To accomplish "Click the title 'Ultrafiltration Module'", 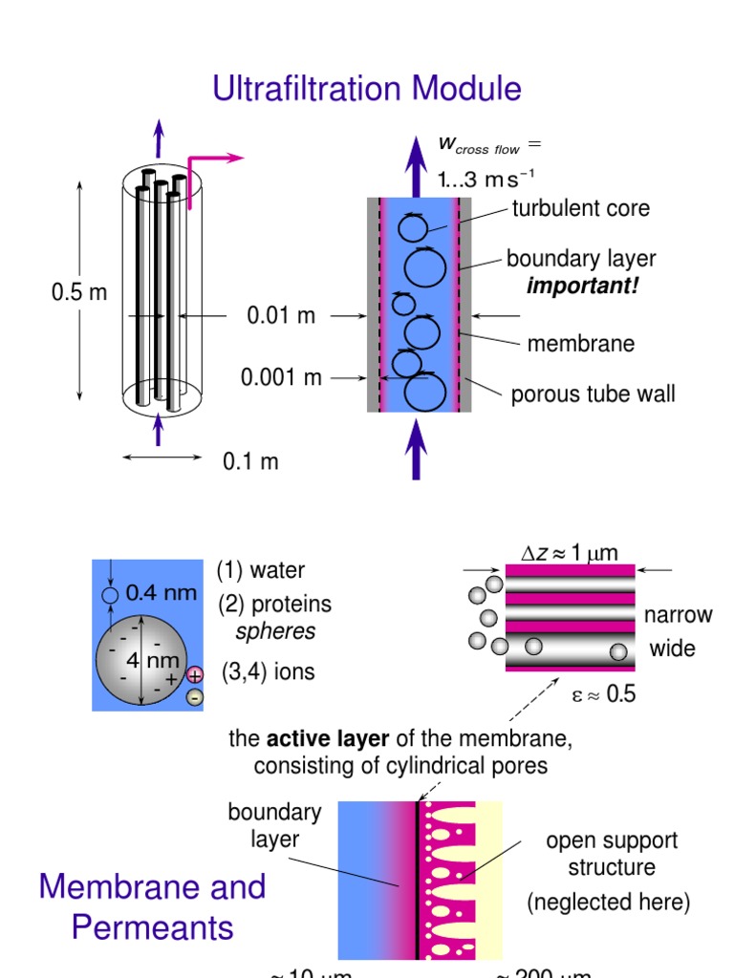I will (x=367, y=89).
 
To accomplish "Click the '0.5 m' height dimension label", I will (x=79, y=293).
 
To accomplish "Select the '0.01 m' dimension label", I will (x=281, y=315).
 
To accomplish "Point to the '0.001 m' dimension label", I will (x=281, y=377).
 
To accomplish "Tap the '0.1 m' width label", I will (x=250, y=462).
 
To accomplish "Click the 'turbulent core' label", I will (x=580, y=208).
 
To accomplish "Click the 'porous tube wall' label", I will (x=593, y=393).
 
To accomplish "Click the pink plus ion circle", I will (x=195, y=675).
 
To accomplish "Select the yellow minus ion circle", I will (x=195, y=697).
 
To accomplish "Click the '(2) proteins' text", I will (x=274, y=605).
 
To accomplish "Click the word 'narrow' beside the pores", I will (x=679, y=614).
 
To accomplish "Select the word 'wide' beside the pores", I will (x=673, y=649).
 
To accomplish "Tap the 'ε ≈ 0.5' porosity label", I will (x=603, y=694).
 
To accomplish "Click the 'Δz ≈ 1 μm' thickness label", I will (x=570, y=552).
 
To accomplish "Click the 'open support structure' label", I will (x=612, y=854).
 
